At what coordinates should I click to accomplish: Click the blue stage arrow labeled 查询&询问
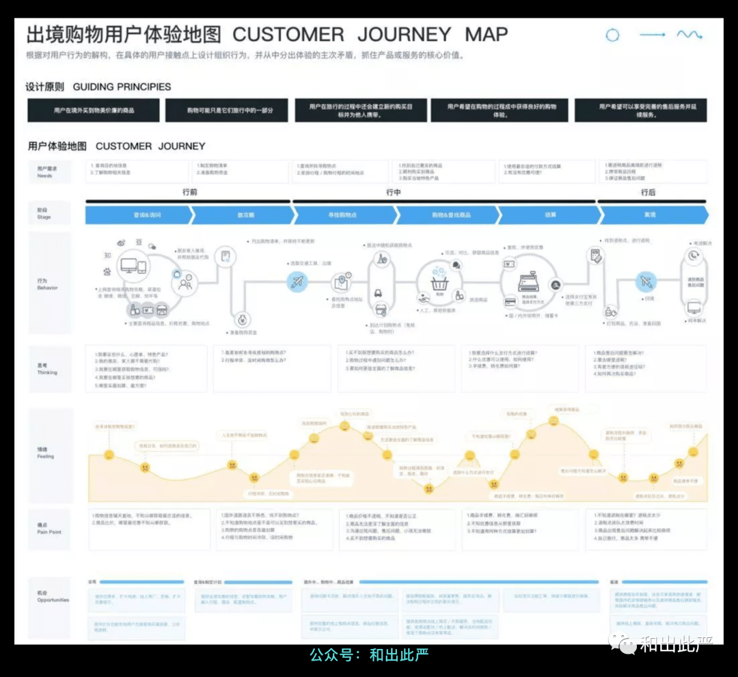[137, 215]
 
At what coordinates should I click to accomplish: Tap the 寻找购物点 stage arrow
[343, 215]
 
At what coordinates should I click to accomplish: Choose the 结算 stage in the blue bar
[550, 215]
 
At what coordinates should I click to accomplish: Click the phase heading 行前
[189, 193]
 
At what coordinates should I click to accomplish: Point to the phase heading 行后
[648, 193]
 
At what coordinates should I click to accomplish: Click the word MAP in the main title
[487, 35]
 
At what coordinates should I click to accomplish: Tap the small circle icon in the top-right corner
[613, 36]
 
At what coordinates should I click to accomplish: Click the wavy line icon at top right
[689, 35]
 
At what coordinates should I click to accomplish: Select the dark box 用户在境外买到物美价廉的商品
[93, 110]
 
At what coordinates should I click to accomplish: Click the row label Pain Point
[49, 528]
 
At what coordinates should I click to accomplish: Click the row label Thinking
[47, 369]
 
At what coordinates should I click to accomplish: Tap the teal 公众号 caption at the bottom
[369, 654]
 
